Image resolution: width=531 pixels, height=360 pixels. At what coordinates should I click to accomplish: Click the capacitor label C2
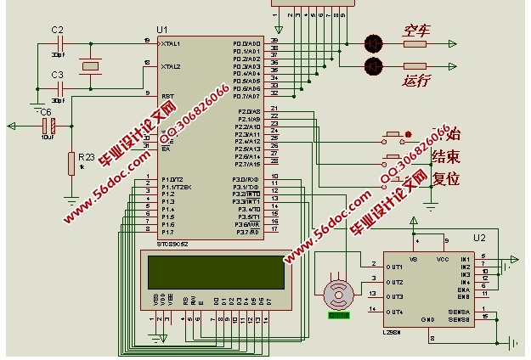pos(57,30)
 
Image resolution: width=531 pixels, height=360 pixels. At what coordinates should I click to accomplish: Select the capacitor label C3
pos(57,75)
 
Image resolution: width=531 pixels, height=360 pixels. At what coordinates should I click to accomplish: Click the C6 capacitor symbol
pos(51,127)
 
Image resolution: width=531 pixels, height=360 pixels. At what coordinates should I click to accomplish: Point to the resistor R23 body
pos(71,164)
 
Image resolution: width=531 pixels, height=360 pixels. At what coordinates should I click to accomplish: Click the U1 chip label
pos(163,30)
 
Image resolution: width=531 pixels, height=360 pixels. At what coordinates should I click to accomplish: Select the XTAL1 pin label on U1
pos(172,42)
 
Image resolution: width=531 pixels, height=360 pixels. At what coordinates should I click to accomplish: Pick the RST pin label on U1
pos(167,96)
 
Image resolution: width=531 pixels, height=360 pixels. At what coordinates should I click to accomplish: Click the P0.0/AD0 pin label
pos(247,42)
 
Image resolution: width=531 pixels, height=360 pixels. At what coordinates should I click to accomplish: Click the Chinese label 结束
pos(447,157)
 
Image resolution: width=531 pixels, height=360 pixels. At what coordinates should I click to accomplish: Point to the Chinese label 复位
pos(447,179)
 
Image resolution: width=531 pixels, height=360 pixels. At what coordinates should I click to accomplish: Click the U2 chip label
pos(480,238)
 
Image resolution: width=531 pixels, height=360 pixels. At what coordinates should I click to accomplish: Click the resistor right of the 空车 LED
pos(415,42)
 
